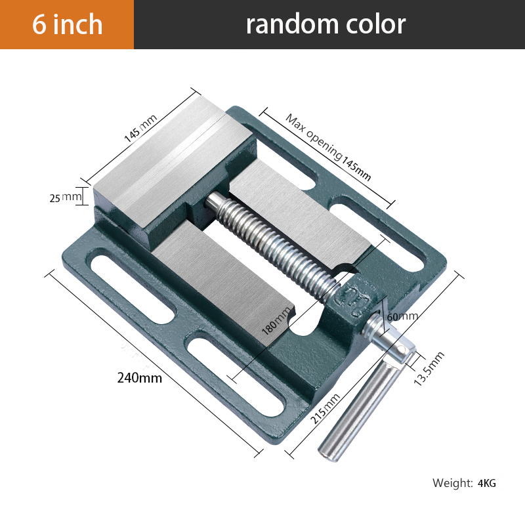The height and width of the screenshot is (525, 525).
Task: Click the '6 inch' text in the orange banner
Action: tap(68, 24)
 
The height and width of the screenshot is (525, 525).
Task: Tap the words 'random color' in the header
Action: tap(325, 24)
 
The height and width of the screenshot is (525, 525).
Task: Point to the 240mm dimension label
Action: tap(139, 377)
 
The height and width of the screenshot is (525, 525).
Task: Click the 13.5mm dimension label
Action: tap(430, 368)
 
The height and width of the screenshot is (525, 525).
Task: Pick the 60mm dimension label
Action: tap(402, 316)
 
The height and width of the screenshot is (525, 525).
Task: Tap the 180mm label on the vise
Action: tap(276, 322)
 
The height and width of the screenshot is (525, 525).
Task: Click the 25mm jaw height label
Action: tap(66, 196)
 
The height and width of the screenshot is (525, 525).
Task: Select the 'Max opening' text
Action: tap(314, 136)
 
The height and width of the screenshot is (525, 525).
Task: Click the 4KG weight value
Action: tap(487, 484)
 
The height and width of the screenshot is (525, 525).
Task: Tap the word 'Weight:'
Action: tap(452, 484)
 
